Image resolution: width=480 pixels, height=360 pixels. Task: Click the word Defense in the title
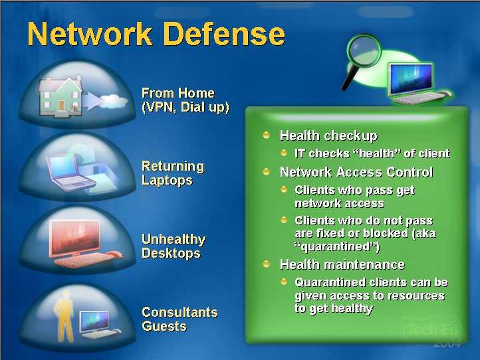click(x=222, y=34)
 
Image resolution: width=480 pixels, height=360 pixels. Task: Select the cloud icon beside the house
click(x=114, y=102)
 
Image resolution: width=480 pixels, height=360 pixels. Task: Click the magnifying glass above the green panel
click(x=360, y=59)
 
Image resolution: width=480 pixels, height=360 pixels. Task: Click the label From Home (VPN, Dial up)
click(x=185, y=100)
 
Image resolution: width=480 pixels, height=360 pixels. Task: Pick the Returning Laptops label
click(x=172, y=173)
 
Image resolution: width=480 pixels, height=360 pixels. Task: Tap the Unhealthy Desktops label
click(x=174, y=246)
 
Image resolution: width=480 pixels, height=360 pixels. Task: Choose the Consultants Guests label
click(x=180, y=319)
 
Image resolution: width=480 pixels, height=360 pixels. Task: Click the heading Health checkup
click(x=328, y=136)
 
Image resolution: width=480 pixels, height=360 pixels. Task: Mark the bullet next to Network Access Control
click(x=267, y=172)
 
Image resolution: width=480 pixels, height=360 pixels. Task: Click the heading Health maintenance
click(x=342, y=264)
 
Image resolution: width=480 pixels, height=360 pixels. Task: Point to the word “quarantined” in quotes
click(x=336, y=247)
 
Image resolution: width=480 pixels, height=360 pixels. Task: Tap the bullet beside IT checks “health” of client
click(x=284, y=153)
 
